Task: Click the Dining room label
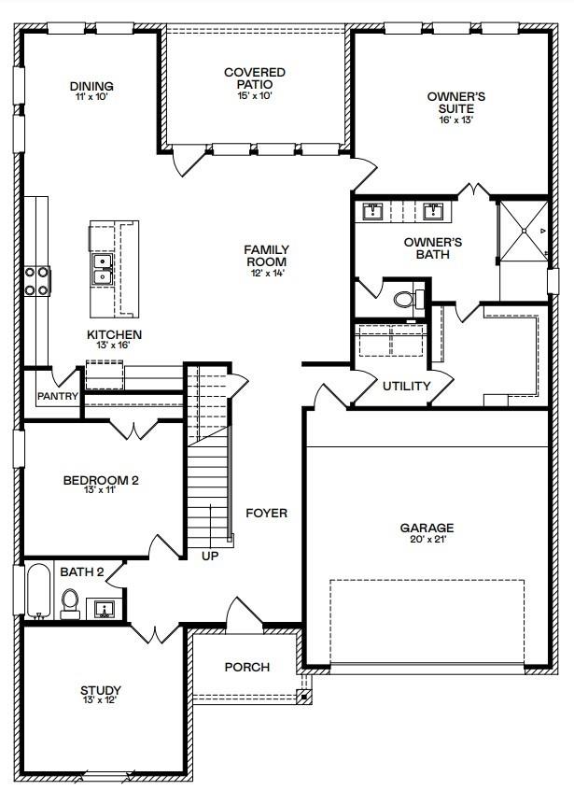click(91, 87)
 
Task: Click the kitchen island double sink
click(102, 271)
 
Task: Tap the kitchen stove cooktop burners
click(37, 281)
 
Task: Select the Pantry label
click(57, 396)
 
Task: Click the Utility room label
click(407, 386)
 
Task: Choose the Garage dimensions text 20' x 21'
click(427, 541)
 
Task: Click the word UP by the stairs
click(210, 556)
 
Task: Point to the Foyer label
click(266, 513)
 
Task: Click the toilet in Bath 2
click(71, 601)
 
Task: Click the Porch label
click(247, 667)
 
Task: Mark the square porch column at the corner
click(301, 695)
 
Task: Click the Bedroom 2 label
click(100, 481)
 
